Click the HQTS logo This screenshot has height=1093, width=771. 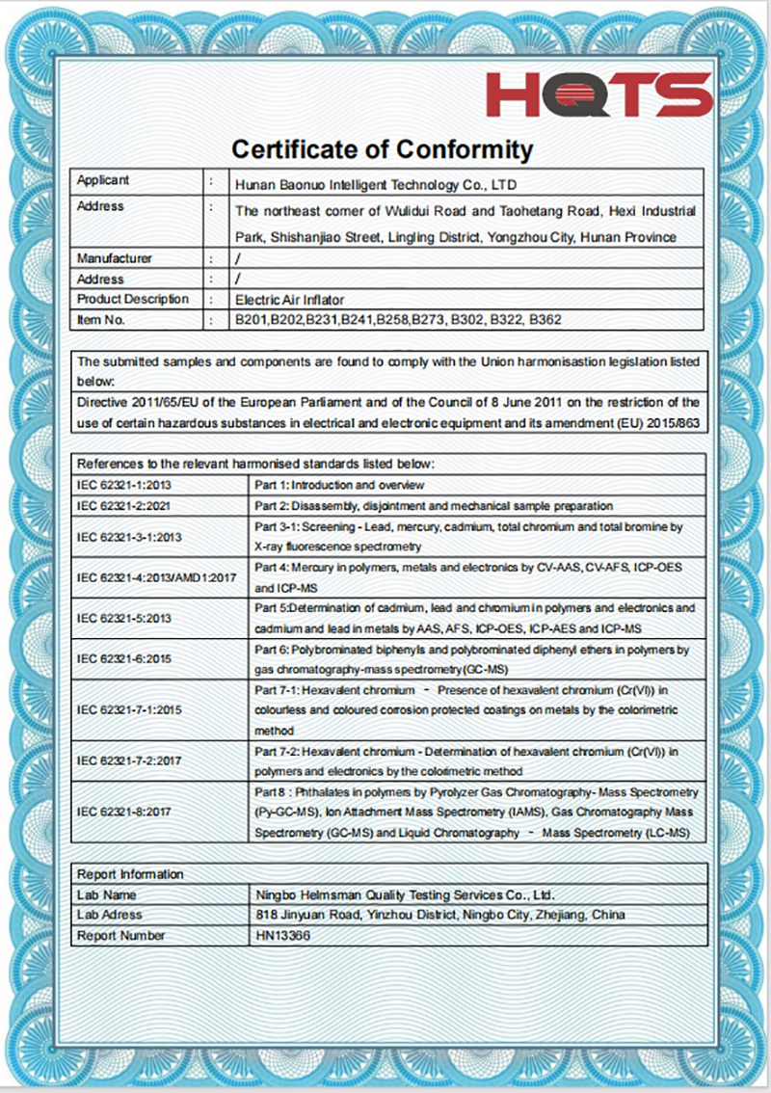(x=598, y=94)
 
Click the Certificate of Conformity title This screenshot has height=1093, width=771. (x=382, y=149)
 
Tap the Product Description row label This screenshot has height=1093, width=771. (x=133, y=300)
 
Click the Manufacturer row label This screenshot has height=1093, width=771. (x=115, y=258)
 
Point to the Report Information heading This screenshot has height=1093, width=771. (x=130, y=874)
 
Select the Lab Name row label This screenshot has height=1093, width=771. (x=107, y=894)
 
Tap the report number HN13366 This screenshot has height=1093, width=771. (x=283, y=935)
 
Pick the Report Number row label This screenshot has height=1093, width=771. (x=121, y=935)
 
